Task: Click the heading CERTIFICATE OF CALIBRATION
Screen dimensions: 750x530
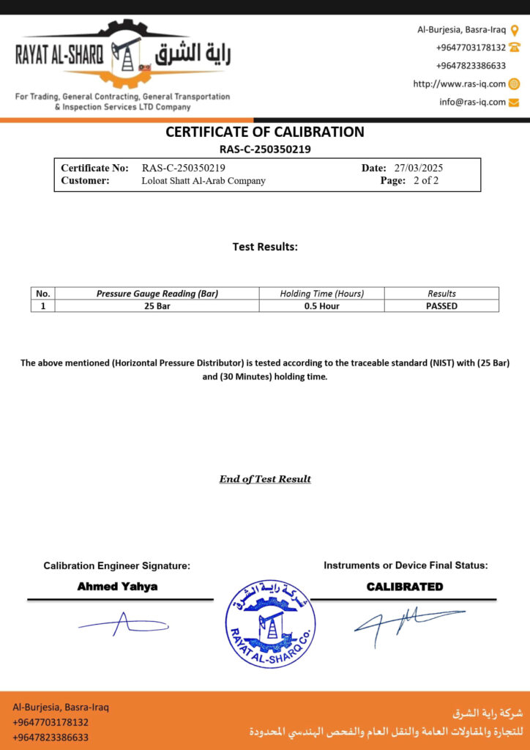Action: coord(264,133)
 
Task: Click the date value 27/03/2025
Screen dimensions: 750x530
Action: coord(418,168)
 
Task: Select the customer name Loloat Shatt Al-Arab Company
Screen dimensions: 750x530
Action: coord(204,181)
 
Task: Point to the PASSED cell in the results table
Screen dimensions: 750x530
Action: coord(441,306)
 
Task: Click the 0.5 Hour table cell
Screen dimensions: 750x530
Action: coord(321,306)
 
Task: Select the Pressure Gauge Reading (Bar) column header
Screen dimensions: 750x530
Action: coord(157,294)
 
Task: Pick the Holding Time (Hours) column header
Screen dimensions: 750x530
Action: coord(321,294)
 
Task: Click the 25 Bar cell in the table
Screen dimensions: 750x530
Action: coord(157,306)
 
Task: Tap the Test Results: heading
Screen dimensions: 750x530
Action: coord(265,247)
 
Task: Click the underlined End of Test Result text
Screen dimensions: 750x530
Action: coord(265,479)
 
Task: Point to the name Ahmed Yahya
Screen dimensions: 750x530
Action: coord(117,587)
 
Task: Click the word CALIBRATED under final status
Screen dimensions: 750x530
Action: coord(405,587)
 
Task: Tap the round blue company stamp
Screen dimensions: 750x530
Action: coord(270,623)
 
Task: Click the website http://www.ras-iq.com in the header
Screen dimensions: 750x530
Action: coord(459,84)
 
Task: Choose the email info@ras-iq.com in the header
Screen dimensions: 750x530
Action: coord(472,103)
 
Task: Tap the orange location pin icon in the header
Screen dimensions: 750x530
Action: coord(515,30)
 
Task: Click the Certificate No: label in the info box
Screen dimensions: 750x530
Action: coord(94,168)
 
